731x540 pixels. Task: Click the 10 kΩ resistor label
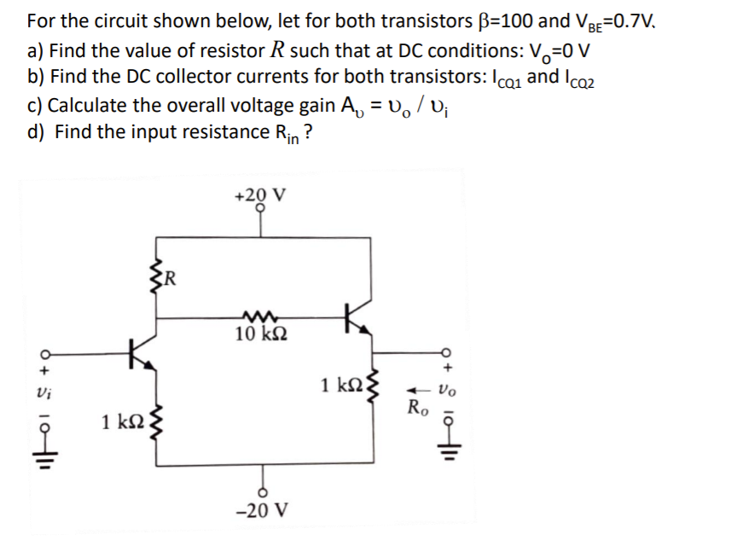tap(262, 334)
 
